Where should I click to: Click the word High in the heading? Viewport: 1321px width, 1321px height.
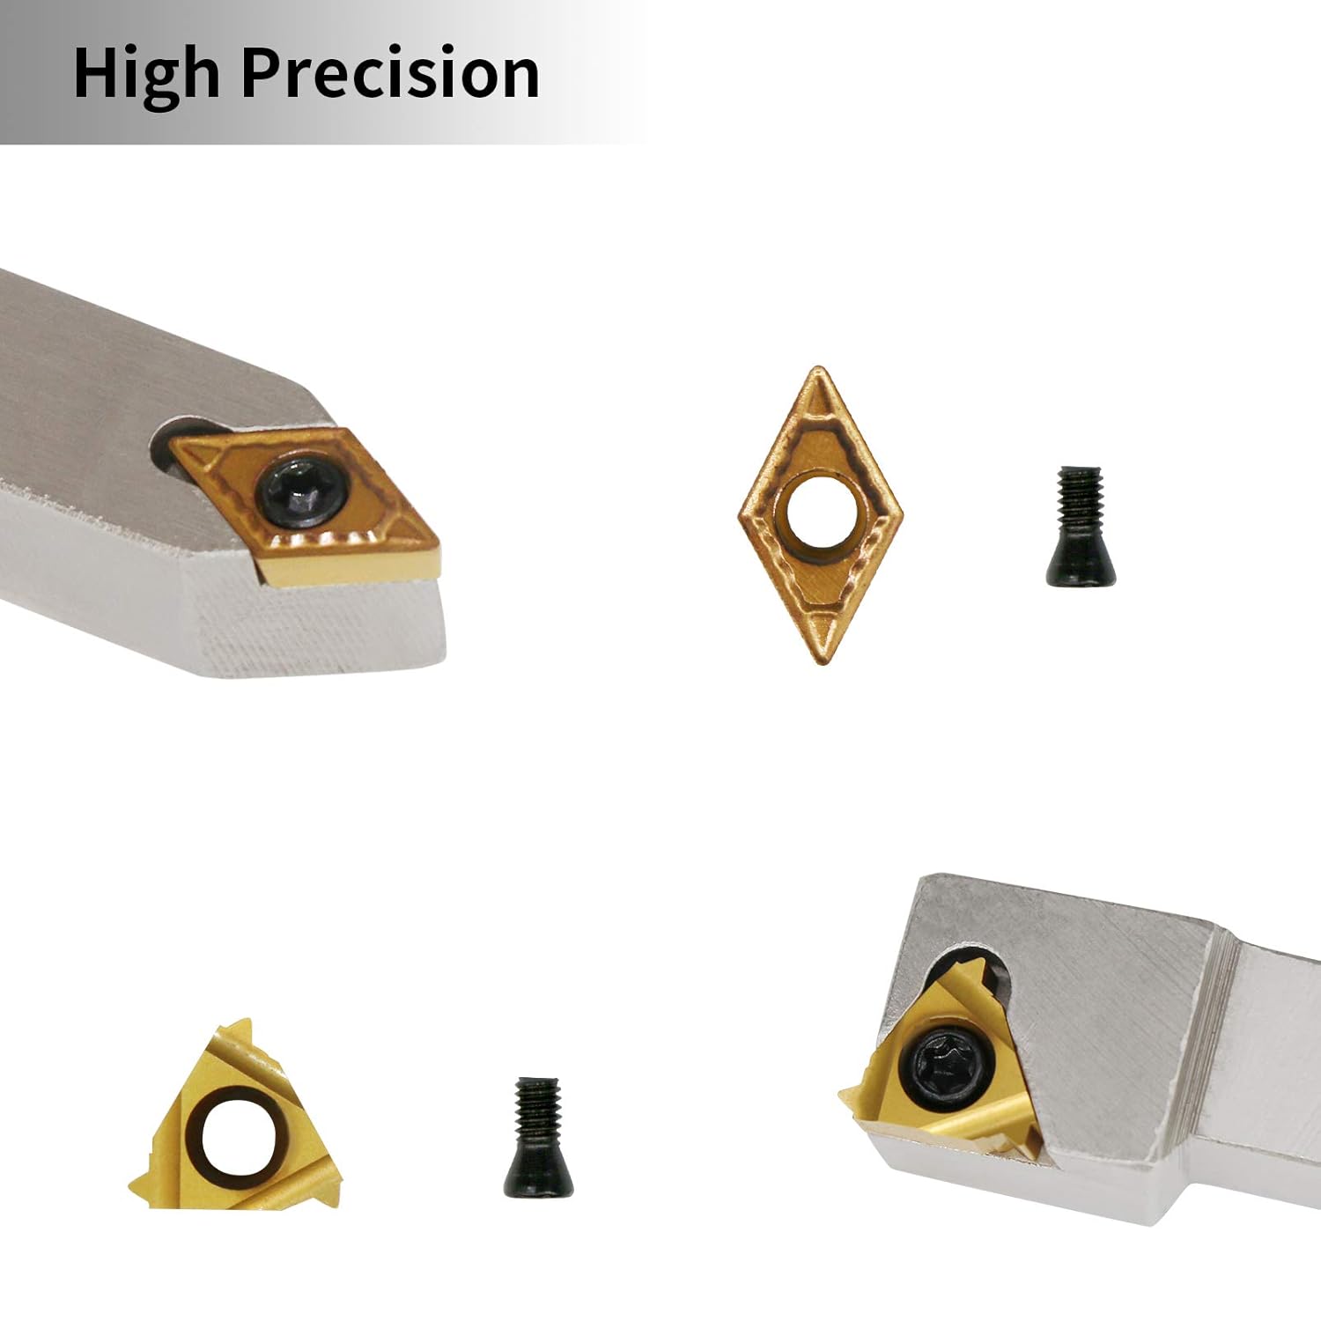click(x=146, y=73)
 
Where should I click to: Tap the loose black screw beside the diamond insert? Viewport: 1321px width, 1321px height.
click(x=1081, y=526)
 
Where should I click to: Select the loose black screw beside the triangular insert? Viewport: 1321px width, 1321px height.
click(x=539, y=1137)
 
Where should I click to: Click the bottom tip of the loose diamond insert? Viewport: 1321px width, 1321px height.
click(x=819, y=661)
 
